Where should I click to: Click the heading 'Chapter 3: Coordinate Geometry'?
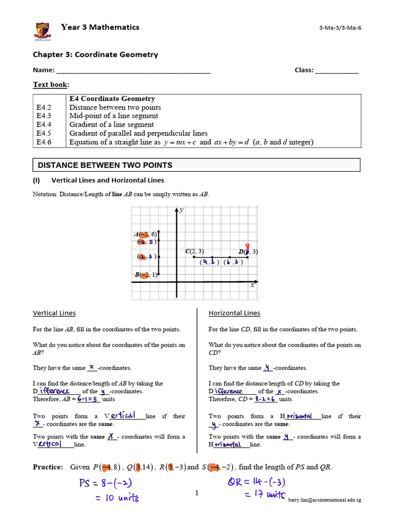tap(95, 55)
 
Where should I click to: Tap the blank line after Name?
tap(133, 71)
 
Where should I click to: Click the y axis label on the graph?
tap(182, 210)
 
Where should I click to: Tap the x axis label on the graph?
tap(252, 285)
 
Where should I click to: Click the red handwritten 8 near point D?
tap(247, 246)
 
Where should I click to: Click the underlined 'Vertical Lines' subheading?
tap(54, 313)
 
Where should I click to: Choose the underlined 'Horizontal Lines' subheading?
tap(234, 313)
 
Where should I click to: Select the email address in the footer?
tap(324, 500)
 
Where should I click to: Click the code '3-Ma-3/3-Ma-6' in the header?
tap(340, 28)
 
